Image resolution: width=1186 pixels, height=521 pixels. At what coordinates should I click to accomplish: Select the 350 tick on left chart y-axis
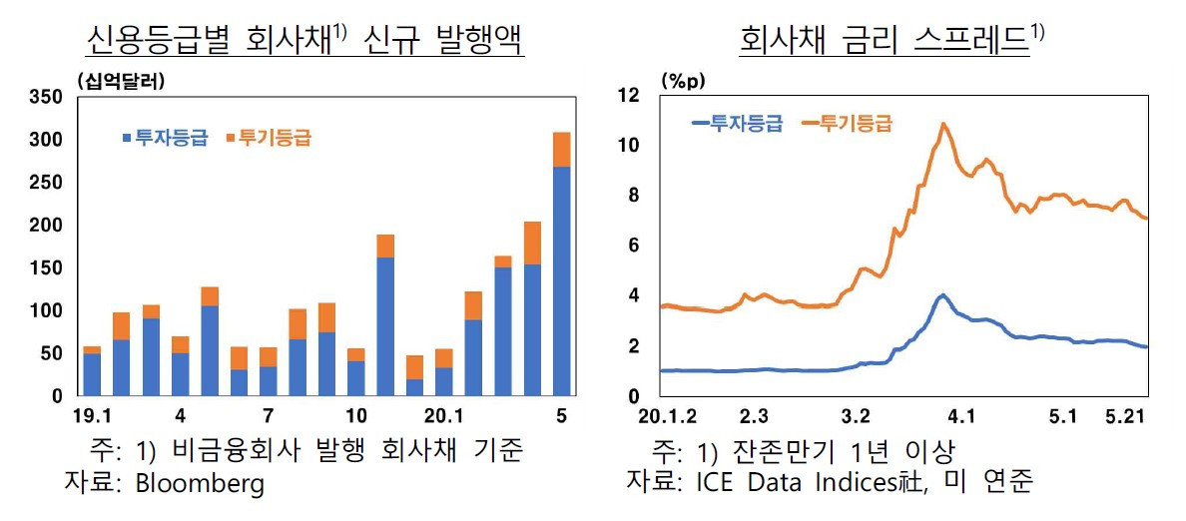tap(47, 97)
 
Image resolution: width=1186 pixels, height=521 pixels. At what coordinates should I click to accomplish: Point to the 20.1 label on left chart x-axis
tap(442, 414)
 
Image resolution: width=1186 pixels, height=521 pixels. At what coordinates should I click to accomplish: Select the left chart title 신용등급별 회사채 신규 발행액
tap(305, 42)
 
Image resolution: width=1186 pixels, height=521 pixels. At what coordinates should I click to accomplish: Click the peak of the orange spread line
tap(943, 124)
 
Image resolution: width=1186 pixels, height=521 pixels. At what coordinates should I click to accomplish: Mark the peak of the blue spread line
tap(941, 295)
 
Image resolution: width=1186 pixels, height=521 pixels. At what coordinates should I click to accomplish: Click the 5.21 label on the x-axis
tap(1125, 414)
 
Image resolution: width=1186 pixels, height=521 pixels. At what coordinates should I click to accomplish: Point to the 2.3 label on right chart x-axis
tap(754, 414)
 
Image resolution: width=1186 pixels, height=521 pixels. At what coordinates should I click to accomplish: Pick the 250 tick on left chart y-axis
tap(47, 183)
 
